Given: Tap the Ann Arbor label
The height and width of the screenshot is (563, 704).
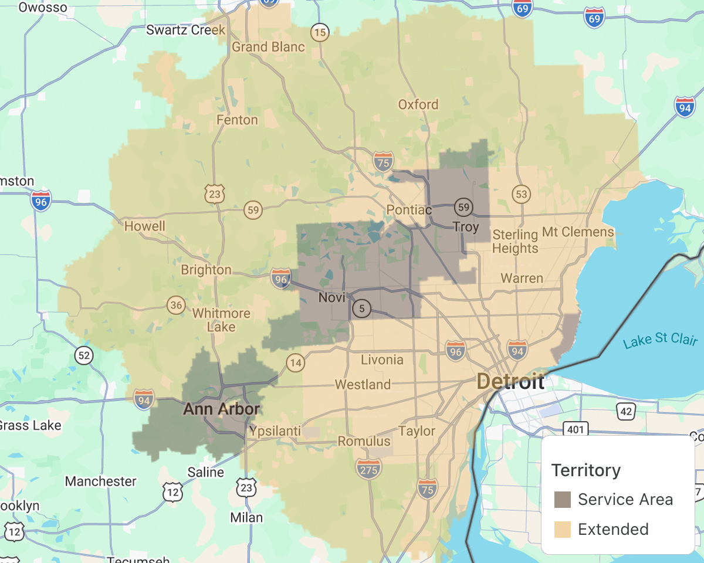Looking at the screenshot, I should [x=221, y=409].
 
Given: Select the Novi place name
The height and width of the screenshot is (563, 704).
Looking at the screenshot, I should [x=331, y=298].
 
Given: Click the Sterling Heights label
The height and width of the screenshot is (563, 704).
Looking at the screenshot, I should [x=515, y=242].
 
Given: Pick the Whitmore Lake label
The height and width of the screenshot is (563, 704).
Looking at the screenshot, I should [x=221, y=320].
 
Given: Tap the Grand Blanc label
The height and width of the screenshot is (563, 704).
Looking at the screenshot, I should [x=268, y=47].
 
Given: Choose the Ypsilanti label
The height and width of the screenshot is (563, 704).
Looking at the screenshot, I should [x=275, y=432].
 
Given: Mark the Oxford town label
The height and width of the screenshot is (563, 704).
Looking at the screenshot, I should [x=418, y=104].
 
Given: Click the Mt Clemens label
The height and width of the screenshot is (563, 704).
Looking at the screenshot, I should [x=578, y=232].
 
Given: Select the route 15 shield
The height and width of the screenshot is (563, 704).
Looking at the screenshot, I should [x=320, y=32].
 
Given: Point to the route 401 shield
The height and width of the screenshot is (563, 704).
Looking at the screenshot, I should [x=576, y=430].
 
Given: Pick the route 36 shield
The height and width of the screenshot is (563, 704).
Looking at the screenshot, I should [x=176, y=305].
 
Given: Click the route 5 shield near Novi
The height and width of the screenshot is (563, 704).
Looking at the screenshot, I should [x=362, y=308].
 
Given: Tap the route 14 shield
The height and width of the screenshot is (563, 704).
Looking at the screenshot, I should [x=296, y=363].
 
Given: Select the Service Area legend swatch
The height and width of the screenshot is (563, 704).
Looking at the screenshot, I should [x=563, y=500].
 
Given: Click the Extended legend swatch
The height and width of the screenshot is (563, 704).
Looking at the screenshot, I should [x=563, y=530].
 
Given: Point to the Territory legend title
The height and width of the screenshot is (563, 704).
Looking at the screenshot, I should [x=585, y=470].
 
